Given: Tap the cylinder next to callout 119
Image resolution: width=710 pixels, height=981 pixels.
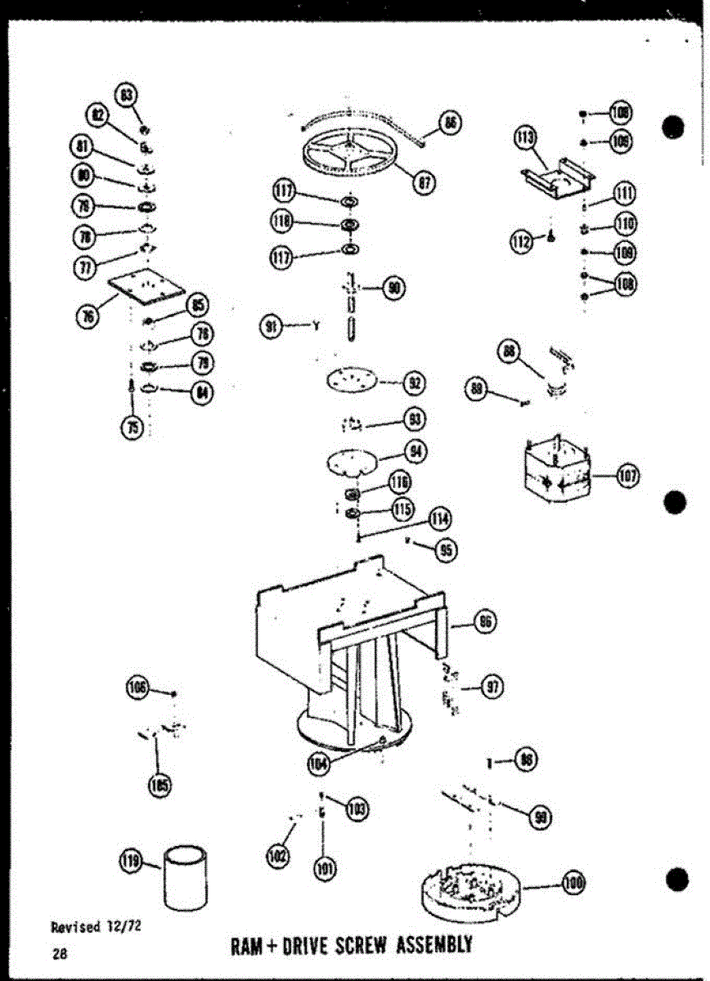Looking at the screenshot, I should (x=186, y=877).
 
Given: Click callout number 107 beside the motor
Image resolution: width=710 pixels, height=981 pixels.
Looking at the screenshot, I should (x=627, y=476).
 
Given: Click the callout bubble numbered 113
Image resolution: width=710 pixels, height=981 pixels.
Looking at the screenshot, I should (x=525, y=137).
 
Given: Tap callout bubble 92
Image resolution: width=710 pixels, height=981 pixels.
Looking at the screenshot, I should (x=416, y=382).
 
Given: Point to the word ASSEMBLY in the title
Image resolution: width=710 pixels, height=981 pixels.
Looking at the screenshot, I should (x=434, y=945).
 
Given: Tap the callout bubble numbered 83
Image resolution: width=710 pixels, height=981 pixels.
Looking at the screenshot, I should (x=126, y=94).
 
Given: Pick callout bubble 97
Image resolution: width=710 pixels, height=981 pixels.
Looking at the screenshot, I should (x=491, y=688).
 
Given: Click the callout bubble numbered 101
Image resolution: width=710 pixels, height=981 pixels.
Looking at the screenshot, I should (x=326, y=868).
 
